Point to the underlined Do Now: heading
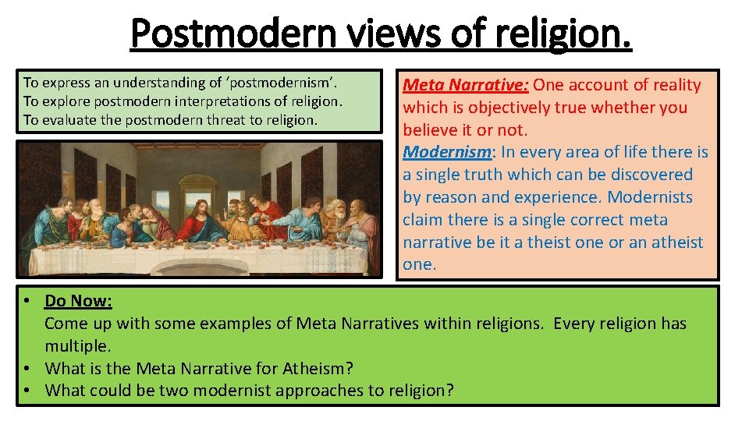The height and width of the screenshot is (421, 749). (x=78, y=300)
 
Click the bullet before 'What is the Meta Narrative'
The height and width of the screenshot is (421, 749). (x=27, y=368)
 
